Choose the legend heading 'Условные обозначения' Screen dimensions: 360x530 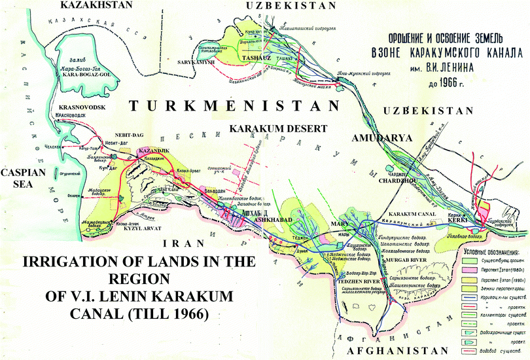[487, 251]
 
